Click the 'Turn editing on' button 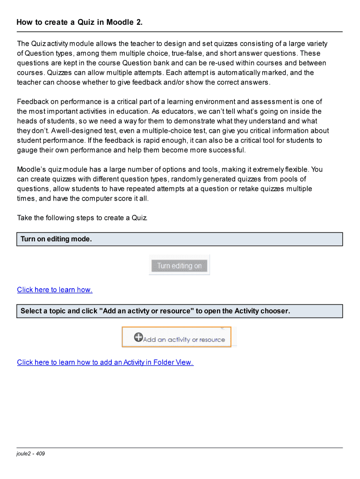pyautogui.click(x=179, y=266)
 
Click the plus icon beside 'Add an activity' pyautogui.click(x=138, y=337)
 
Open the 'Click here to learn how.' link pyautogui.click(x=55, y=290)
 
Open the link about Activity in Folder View pyautogui.click(x=105, y=362)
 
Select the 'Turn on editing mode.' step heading pyautogui.click(x=56, y=239)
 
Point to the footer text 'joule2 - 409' pyautogui.click(x=31, y=454)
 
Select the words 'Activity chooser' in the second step pyautogui.click(x=261, y=311)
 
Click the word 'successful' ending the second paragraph pyautogui.click(x=228, y=150)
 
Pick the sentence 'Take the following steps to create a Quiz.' pyautogui.click(x=82, y=218)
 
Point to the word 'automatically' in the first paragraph pyautogui.click(x=228, y=73)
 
